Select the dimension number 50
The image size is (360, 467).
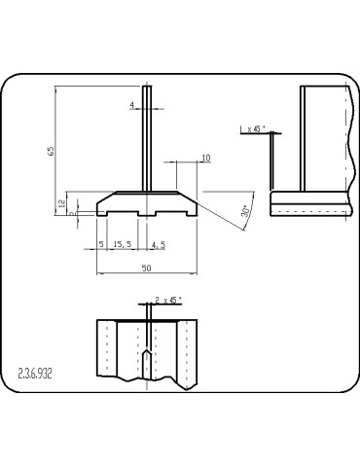pos(146,267)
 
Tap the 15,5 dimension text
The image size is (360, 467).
pos(124,245)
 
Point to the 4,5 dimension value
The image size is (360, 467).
pos(156,245)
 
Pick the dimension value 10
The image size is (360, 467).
pos(205,158)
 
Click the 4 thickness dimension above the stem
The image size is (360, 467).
pos(132,104)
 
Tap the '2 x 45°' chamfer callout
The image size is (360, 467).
pos(167,301)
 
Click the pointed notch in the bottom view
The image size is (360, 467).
pos(145,362)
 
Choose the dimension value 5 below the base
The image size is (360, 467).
pos(101,245)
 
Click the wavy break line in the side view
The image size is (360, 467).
pos(346,146)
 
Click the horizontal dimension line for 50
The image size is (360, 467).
pos(146,274)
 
